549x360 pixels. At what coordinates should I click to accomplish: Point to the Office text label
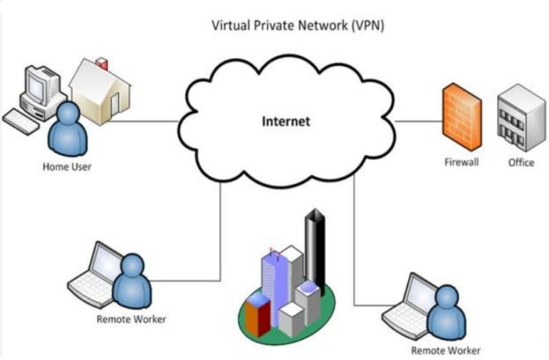click(x=521, y=162)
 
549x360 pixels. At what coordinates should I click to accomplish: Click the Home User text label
click(x=67, y=167)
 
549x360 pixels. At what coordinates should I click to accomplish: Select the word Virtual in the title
click(x=229, y=26)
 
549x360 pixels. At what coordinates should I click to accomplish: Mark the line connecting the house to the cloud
click(x=143, y=121)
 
